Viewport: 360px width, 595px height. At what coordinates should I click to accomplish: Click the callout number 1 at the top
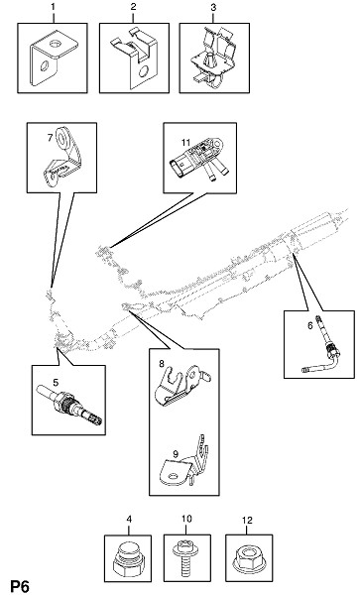[54, 8]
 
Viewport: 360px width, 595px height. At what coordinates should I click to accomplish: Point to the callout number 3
[213, 8]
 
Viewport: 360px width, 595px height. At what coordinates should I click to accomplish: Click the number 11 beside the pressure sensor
[185, 143]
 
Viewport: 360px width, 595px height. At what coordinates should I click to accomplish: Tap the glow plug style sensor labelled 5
[70, 406]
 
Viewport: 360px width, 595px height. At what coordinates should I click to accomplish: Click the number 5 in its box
[56, 382]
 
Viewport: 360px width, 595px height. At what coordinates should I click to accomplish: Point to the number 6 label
[310, 325]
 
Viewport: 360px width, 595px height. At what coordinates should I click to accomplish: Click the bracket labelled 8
[181, 385]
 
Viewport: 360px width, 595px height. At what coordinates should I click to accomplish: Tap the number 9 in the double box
[176, 453]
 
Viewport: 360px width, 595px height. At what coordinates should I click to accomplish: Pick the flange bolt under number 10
[184, 558]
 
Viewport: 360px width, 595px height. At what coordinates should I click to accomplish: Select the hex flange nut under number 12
[249, 559]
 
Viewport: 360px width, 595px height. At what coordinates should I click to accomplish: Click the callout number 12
[247, 521]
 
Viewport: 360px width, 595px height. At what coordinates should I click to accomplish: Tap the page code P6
[20, 587]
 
